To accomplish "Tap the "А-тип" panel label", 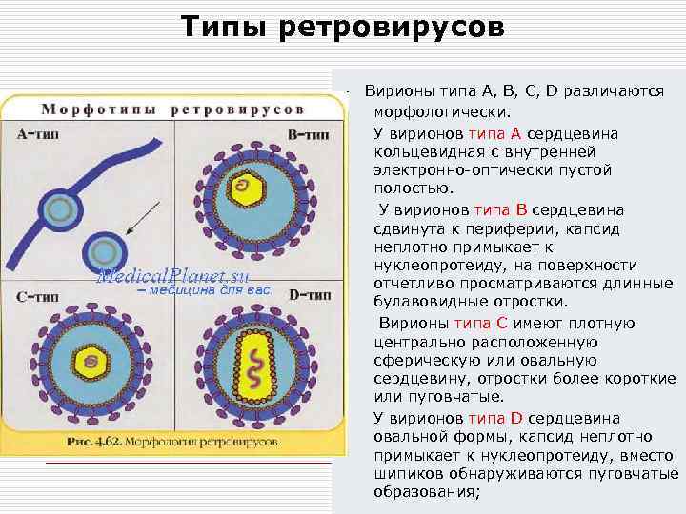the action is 37,134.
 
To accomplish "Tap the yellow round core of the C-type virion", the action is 93,360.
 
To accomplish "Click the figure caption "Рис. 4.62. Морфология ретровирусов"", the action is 172,443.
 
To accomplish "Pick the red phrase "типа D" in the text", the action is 497,418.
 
